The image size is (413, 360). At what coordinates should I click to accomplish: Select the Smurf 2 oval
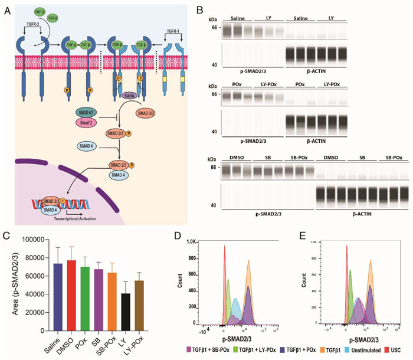pos(86,122)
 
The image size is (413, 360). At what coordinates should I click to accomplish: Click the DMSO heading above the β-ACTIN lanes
pos(328,157)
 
